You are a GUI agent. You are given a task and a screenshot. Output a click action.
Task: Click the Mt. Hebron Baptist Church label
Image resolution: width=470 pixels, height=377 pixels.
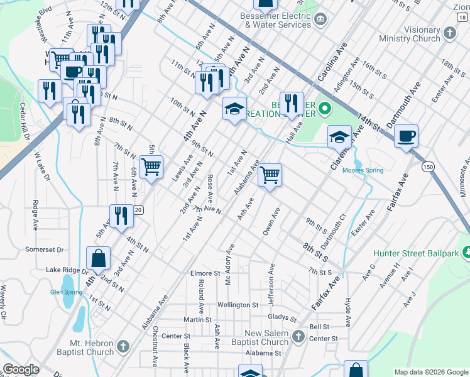tap(83, 347)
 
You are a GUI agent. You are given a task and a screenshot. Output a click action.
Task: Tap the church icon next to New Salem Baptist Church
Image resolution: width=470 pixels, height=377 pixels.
tap(298, 337)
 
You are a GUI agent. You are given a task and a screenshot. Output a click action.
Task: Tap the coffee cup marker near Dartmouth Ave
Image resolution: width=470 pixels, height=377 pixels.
tap(406, 136)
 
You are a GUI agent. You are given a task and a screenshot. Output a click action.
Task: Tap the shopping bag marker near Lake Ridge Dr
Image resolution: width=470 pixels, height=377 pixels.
tap(99, 258)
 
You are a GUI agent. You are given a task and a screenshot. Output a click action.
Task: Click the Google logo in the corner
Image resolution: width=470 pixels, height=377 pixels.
tap(21, 369)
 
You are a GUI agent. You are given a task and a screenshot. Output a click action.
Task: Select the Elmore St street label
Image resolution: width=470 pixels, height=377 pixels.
tap(205, 273)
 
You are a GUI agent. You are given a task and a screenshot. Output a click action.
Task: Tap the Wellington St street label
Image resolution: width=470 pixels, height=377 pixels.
tap(238, 305)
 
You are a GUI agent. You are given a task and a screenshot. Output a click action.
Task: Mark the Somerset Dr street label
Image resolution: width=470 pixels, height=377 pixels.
tap(45, 249)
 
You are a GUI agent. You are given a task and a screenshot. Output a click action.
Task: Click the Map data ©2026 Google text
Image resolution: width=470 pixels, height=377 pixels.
tap(430, 372)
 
